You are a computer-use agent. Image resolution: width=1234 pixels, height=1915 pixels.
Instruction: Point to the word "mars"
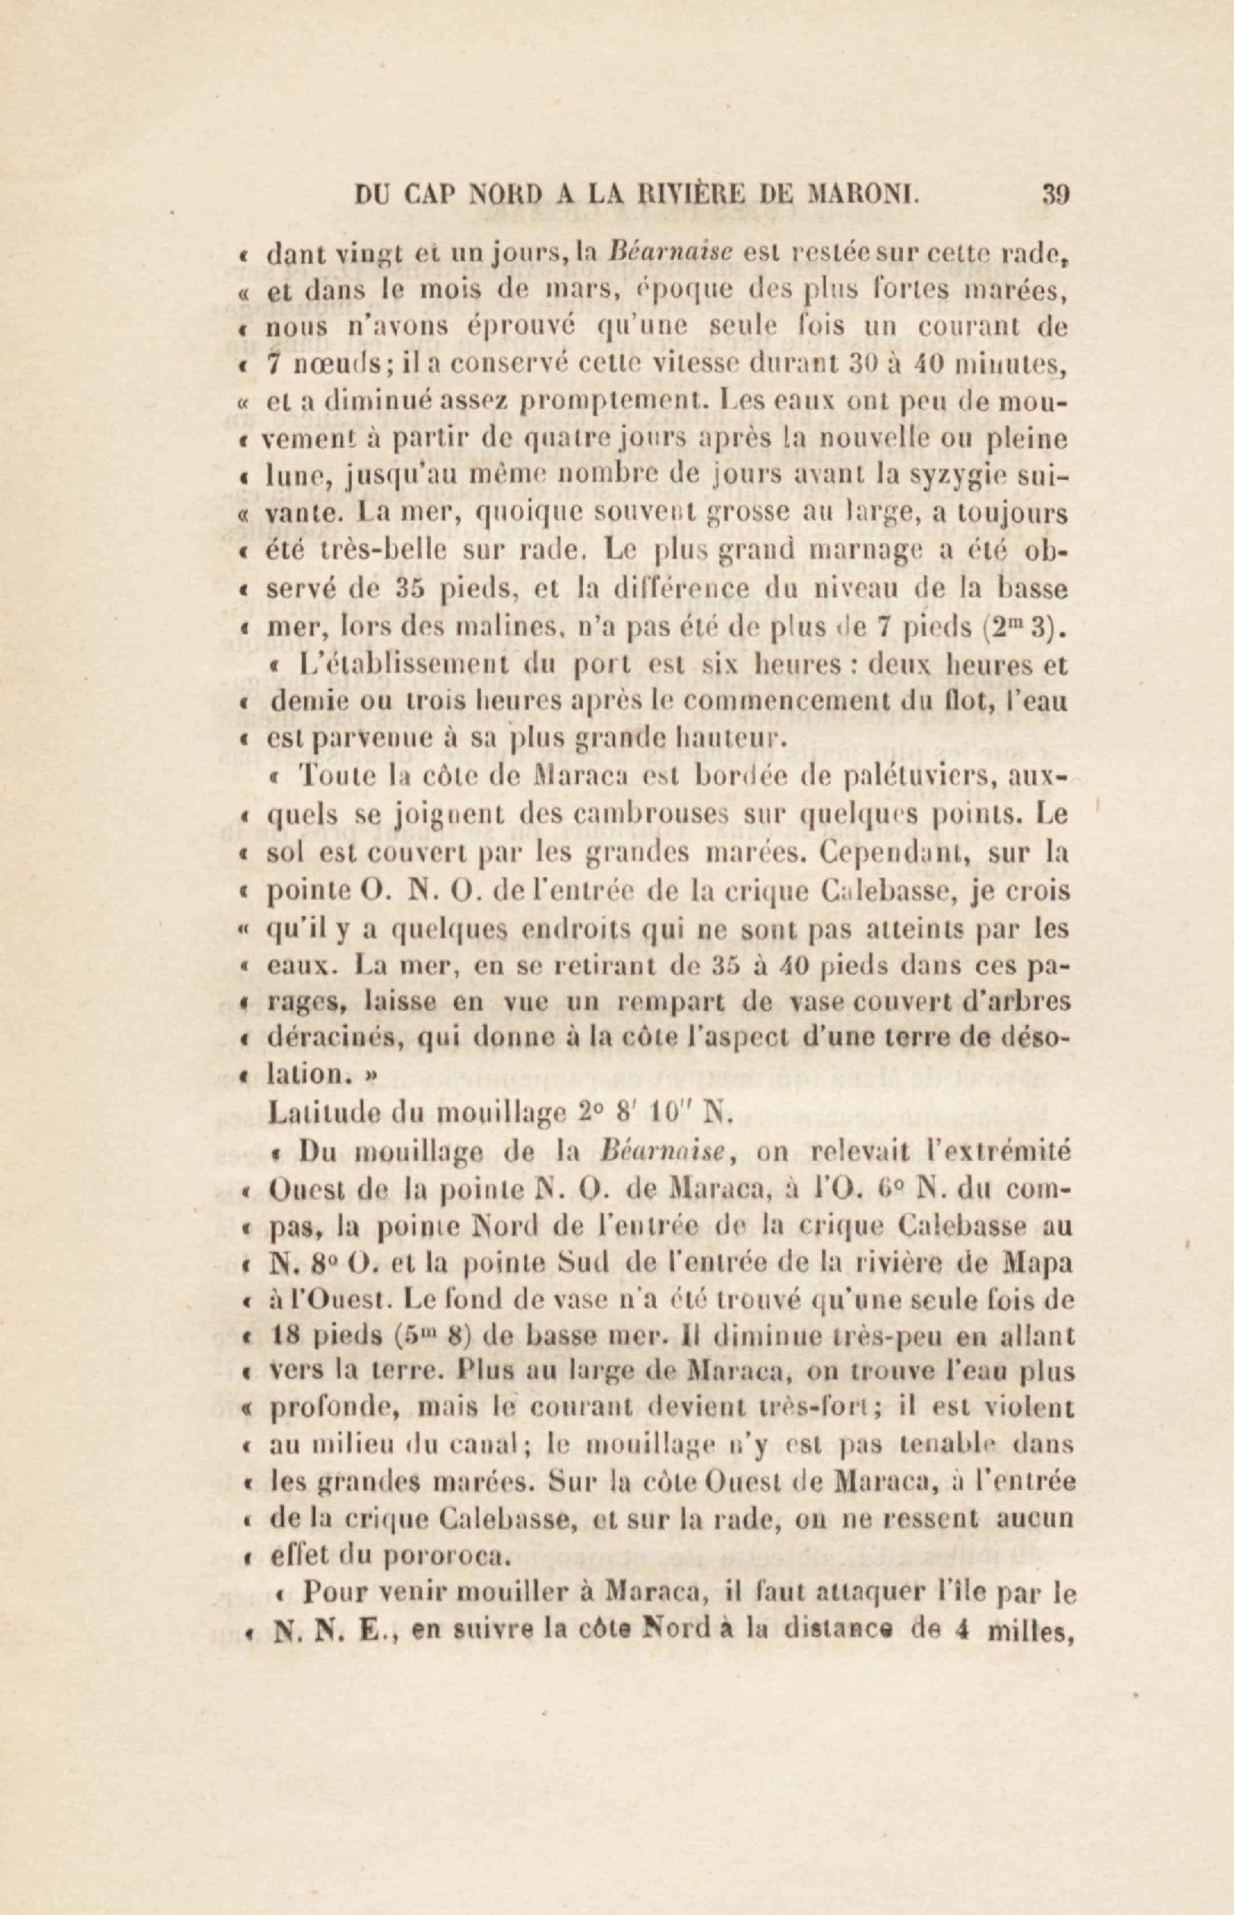578,291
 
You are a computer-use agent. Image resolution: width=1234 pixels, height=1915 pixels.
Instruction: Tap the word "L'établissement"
388,665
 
